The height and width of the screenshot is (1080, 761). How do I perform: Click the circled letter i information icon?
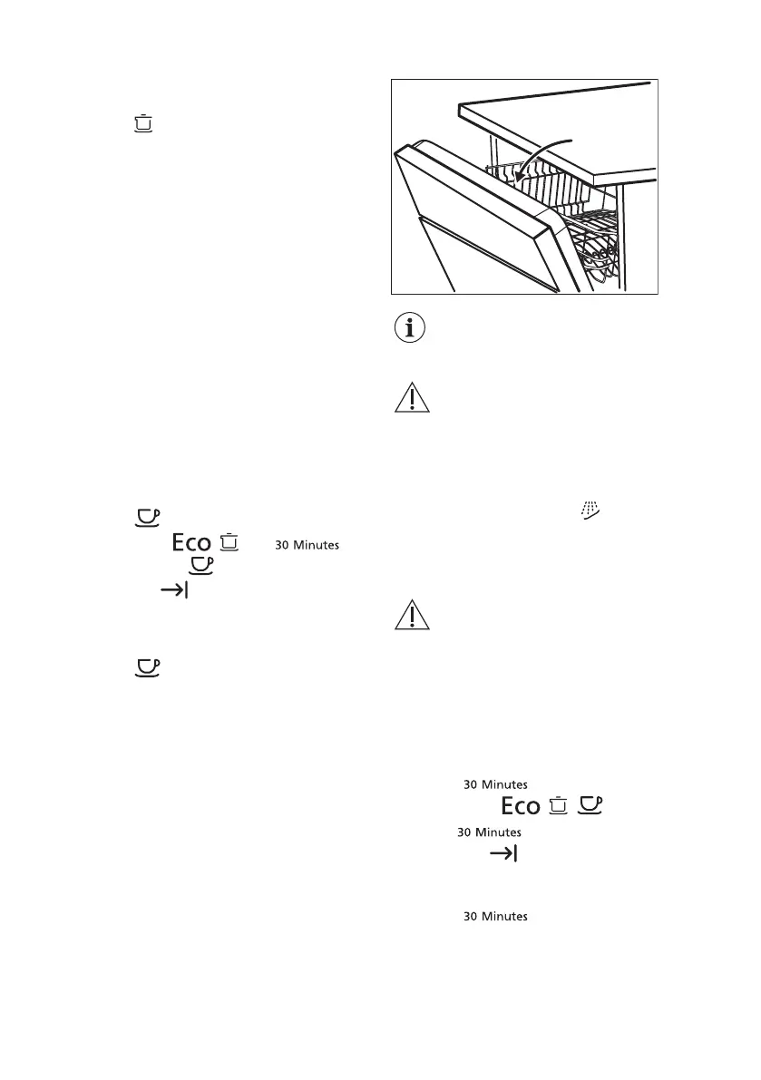pos(412,329)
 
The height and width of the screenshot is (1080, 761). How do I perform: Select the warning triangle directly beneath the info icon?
pos(413,399)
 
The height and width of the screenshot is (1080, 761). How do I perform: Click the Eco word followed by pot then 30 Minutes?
pos(187,544)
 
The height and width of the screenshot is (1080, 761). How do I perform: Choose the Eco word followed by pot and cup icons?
pos(520,806)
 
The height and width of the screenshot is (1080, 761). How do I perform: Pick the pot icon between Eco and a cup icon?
pos(559,805)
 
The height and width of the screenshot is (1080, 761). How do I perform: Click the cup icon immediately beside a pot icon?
pos(590,805)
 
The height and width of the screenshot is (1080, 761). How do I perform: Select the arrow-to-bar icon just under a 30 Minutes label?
pos(502,853)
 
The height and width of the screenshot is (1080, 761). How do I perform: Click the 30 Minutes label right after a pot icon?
pos(307,545)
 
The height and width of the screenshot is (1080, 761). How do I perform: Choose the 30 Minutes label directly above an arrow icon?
pos(488,832)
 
